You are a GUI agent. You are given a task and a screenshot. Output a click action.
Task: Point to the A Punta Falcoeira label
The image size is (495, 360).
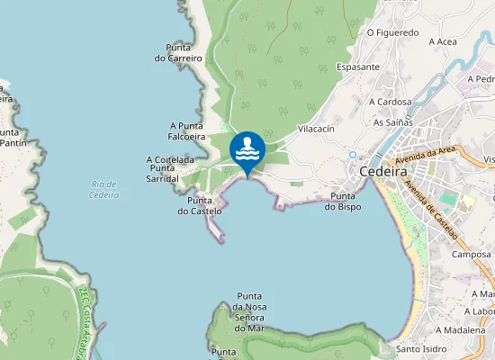[186, 131]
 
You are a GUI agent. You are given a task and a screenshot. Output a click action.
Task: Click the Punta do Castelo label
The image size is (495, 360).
[199, 206]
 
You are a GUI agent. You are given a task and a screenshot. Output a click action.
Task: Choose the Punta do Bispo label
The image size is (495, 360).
[346, 202]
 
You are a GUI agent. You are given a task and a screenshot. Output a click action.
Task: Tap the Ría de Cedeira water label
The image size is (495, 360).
[105, 189]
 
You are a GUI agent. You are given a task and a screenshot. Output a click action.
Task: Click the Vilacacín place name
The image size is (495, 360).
[315, 130]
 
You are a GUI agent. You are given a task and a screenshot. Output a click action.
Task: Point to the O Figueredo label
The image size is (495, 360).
[393, 32]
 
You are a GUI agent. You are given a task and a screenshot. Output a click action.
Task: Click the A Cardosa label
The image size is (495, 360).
[390, 103]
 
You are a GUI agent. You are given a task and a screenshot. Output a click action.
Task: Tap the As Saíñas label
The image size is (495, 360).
[391, 122]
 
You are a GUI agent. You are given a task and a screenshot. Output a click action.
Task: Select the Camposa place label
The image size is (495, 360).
[471, 255]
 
